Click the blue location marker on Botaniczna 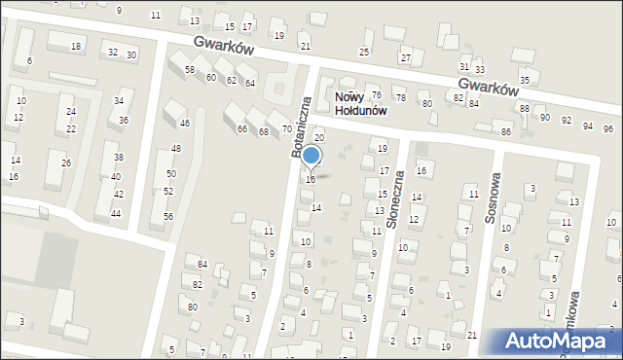point(311,156)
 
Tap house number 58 point(190,70)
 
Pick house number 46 point(184,124)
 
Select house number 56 point(167,216)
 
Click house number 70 point(287,129)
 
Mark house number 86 point(506,131)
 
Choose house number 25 point(364,52)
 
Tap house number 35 point(525,80)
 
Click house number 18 point(76,47)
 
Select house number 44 point(116,213)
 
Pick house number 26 point(66,162)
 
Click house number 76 point(376,94)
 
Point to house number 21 point(305,46)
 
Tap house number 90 point(546,118)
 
